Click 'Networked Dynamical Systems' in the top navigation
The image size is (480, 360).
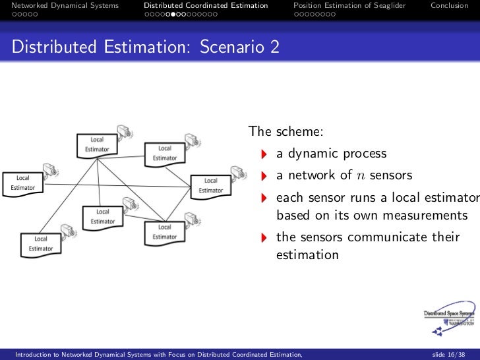pyautogui.click(x=65, y=5)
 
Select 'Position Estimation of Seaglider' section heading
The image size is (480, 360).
pyautogui.click(x=349, y=5)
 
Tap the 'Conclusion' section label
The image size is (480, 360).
pyautogui.click(x=449, y=5)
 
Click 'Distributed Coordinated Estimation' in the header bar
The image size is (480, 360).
pyautogui.click(x=206, y=5)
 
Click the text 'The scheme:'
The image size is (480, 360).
pyautogui.click(x=285, y=132)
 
